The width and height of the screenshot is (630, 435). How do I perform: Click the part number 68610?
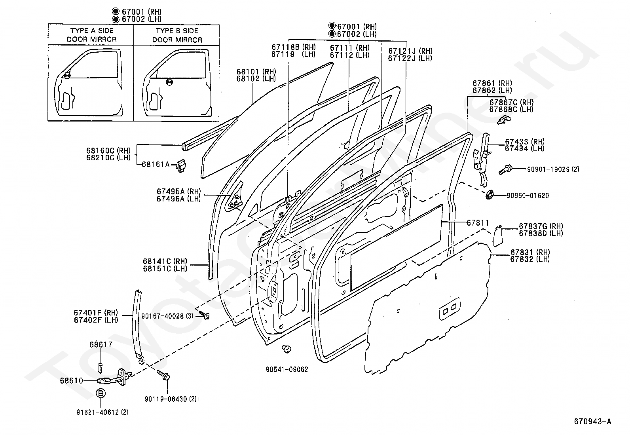[x=72, y=381]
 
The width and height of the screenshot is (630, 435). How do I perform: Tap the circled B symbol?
[x=101, y=393]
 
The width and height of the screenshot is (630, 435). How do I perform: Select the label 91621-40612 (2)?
[x=102, y=412]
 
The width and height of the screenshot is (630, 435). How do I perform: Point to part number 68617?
[x=101, y=344]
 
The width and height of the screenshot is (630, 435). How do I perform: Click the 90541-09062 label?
[x=287, y=369]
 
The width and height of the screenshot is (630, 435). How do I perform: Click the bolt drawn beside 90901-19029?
[x=505, y=170]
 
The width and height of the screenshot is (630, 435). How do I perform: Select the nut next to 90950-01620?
[x=490, y=194]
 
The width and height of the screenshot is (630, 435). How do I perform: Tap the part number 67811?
[x=478, y=223]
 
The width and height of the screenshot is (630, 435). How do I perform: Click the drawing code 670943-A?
[x=592, y=422]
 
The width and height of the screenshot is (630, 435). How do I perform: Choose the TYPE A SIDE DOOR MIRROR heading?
[x=91, y=35]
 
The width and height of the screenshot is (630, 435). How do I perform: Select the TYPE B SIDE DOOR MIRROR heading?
[x=177, y=35]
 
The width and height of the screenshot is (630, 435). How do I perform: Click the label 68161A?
[x=156, y=164]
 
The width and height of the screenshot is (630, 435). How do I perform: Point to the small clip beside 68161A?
[x=181, y=165]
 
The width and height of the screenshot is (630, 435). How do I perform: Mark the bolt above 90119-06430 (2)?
[x=163, y=375]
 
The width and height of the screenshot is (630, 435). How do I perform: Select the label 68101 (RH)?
[x=256, y=72]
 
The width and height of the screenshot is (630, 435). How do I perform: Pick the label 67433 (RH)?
[x=524, y=142]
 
